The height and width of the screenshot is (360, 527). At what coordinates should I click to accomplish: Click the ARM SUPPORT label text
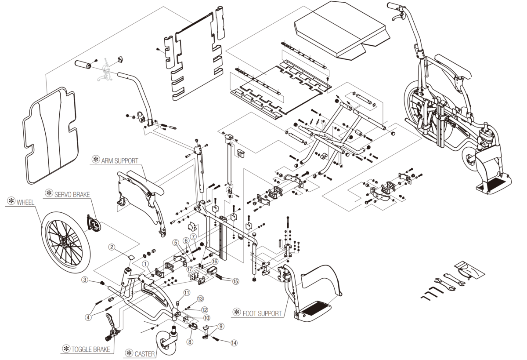(x=120, y=160)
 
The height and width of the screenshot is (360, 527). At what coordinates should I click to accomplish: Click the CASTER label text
(x=144, y=353)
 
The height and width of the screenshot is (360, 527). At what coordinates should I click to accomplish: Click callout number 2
(x=112, y=247)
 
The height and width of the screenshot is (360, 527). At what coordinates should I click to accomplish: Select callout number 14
(x=233, y=342)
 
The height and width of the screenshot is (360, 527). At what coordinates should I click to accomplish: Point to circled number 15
(x=236, y=281)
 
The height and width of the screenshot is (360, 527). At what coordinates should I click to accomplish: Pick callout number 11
(x=187, y=292)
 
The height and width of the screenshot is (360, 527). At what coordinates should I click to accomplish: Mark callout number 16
(x=215, y=261)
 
